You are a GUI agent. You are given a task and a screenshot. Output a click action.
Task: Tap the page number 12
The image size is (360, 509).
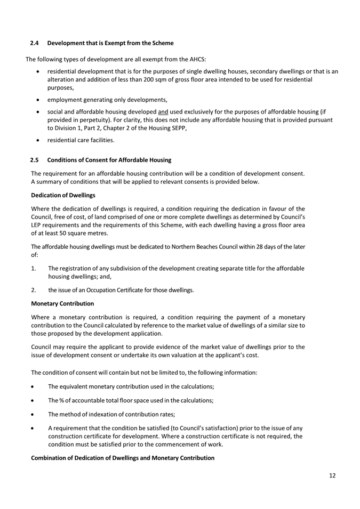point(332,476)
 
